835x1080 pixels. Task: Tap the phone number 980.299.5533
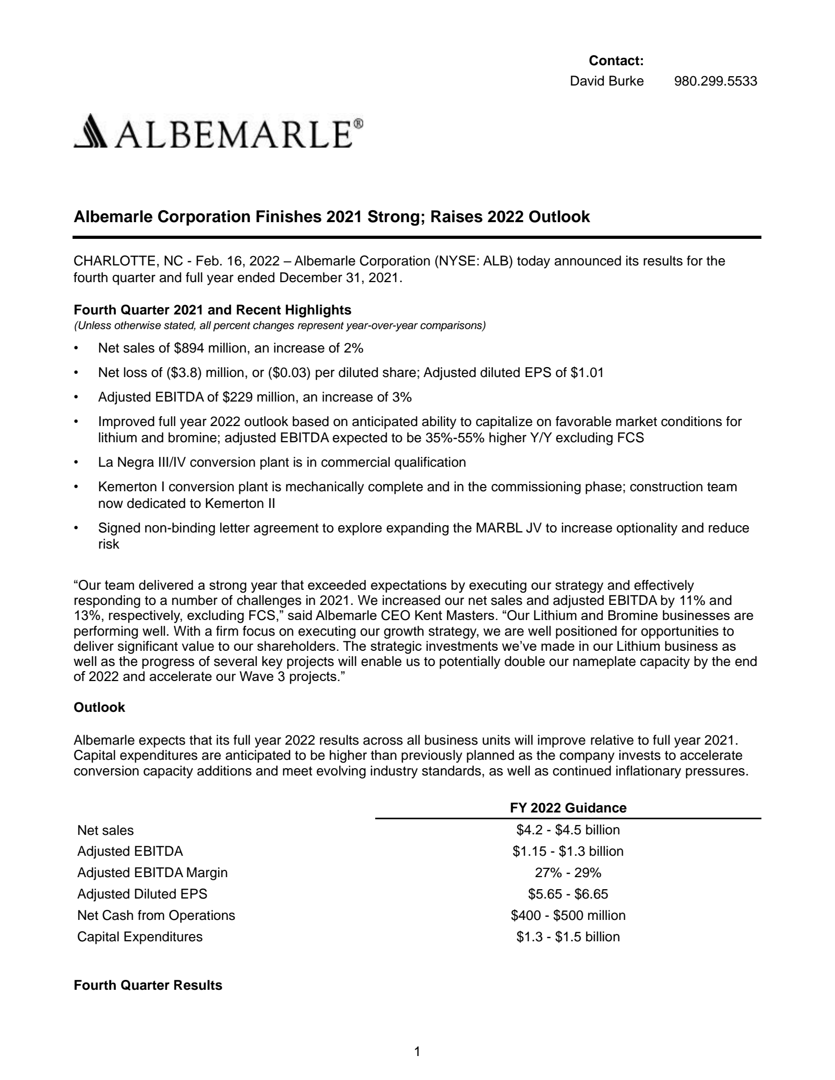[x=715, y=81]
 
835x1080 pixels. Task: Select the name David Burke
[x=606, y=81]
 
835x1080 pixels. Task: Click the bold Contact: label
[x=616, y=61]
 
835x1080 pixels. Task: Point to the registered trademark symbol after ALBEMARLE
[x=359, y=123]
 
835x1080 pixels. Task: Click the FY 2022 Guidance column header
[x=568, y=808]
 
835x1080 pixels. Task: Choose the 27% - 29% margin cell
[x=568, y=872]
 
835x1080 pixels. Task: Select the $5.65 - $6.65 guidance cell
[x=568, y=894]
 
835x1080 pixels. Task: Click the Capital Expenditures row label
[x=140, y=937]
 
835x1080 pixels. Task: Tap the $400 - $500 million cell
[x=568, y=915]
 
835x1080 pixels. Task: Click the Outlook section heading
[x=99, y=708]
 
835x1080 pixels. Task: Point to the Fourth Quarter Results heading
[x=148, y=986]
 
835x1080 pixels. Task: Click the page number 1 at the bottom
[x=417, y=1051]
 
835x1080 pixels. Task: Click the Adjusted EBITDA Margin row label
[x=152, y=872]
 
